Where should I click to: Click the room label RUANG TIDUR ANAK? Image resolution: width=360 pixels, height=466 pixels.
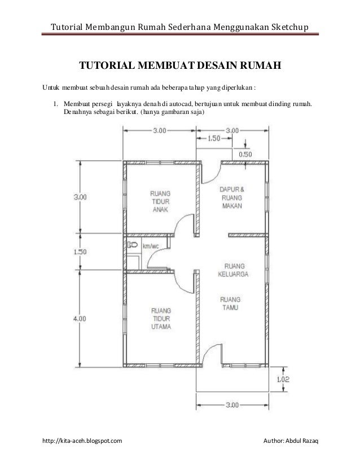161,200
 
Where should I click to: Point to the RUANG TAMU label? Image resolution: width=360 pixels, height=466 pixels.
230,304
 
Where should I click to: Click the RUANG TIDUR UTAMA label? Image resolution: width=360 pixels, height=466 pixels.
161,318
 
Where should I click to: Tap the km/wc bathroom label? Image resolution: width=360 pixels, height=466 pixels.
150,246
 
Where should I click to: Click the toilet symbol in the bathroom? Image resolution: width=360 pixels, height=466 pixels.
133,245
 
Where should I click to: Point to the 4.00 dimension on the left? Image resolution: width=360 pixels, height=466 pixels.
80,318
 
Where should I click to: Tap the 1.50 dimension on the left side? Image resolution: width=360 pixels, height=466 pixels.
80,252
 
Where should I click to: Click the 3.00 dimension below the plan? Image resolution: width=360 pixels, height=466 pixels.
231,405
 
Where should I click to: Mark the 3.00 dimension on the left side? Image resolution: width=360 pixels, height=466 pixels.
80,197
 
